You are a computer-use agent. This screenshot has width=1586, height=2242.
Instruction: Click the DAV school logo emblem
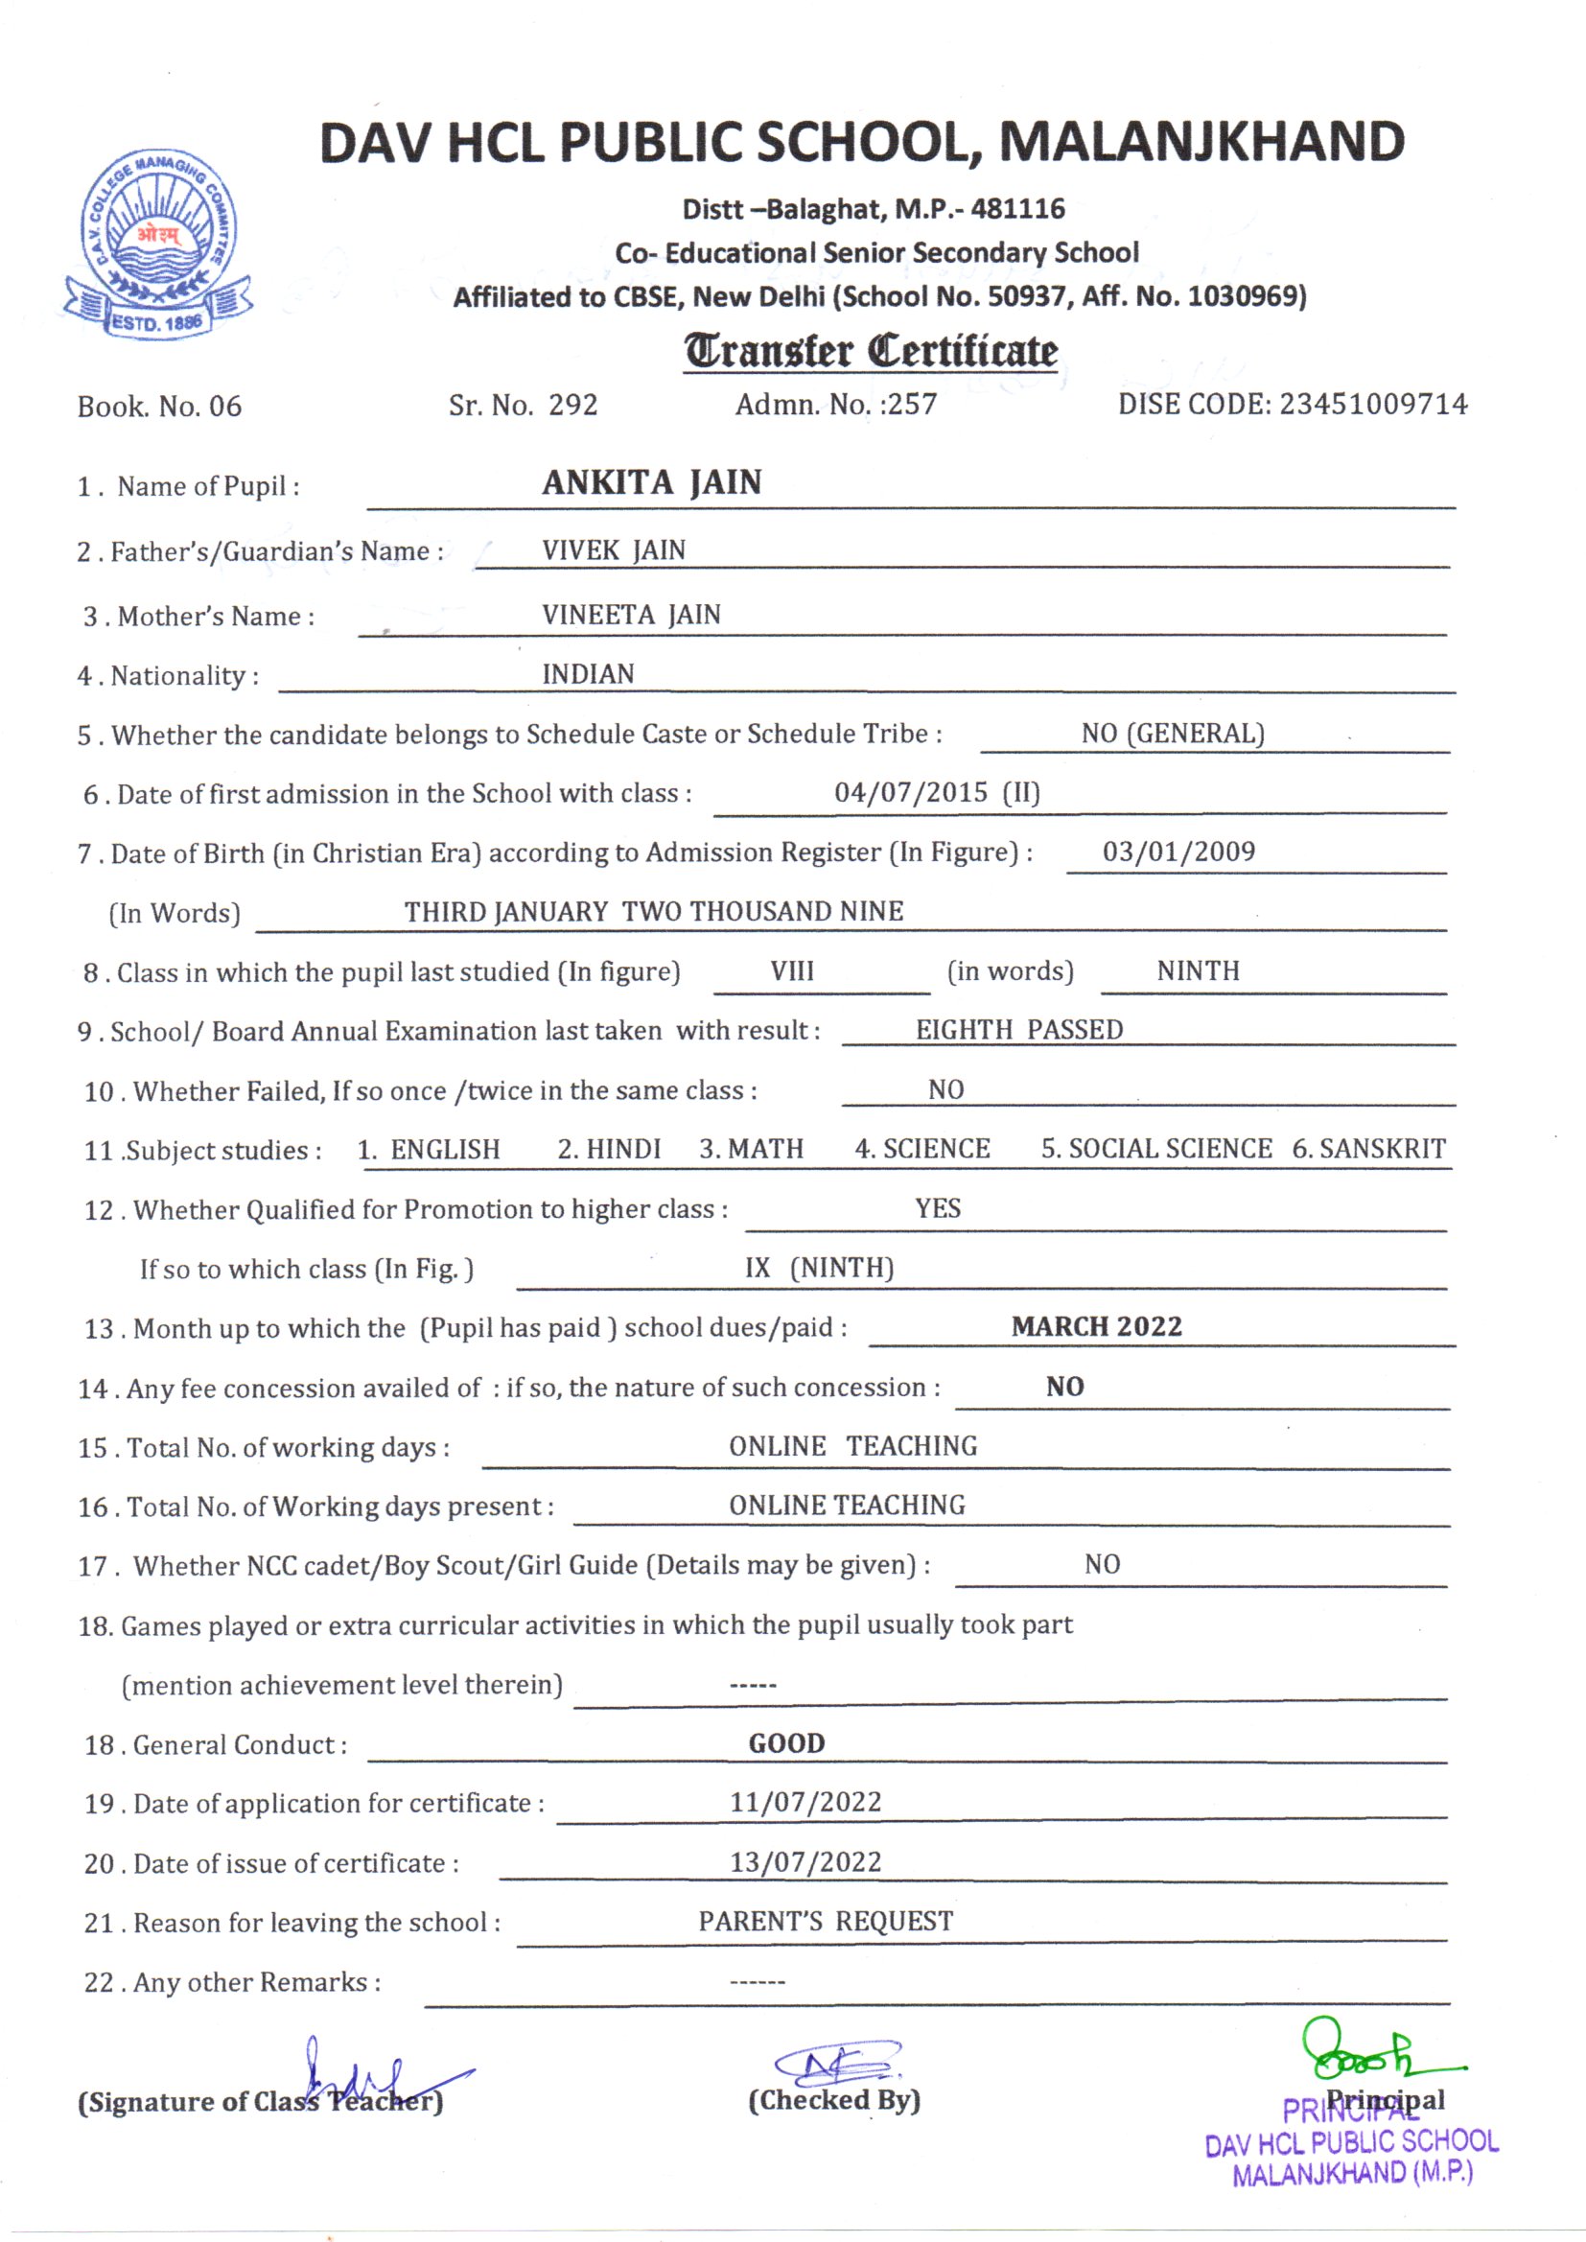[x=158, y=245]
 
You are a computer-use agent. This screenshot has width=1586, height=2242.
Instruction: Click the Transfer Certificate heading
[x=869, y=352]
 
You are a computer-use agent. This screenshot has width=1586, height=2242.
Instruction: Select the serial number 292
[x=572, y=405]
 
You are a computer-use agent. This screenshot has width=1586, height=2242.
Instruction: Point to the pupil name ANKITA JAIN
[x=651, y=482]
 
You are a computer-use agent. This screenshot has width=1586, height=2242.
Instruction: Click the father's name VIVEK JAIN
[x=614, y=550]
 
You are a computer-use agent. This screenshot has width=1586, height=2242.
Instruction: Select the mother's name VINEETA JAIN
[x=631, y=616]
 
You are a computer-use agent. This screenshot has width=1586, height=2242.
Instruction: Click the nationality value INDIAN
[x=588, y=675]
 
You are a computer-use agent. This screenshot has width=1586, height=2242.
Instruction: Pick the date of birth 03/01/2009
[x=1178, y=852]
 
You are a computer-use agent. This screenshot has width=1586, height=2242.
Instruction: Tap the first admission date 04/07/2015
[x=910, y=792]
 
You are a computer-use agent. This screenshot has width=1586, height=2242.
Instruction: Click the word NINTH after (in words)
[x=1199, y=971]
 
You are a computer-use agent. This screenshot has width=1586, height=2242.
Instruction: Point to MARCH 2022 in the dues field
[x=1097, y=1327]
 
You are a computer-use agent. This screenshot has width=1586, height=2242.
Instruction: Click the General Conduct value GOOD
[x=786, y=1744]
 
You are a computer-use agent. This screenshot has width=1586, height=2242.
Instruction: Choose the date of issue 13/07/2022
[x=805, y=1862]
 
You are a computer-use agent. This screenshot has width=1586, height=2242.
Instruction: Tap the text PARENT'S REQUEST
[x=826, y=1922]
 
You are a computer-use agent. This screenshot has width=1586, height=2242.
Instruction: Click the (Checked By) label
[x=834, y=2100]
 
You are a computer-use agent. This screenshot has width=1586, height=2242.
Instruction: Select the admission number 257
[x=910, y=405]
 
